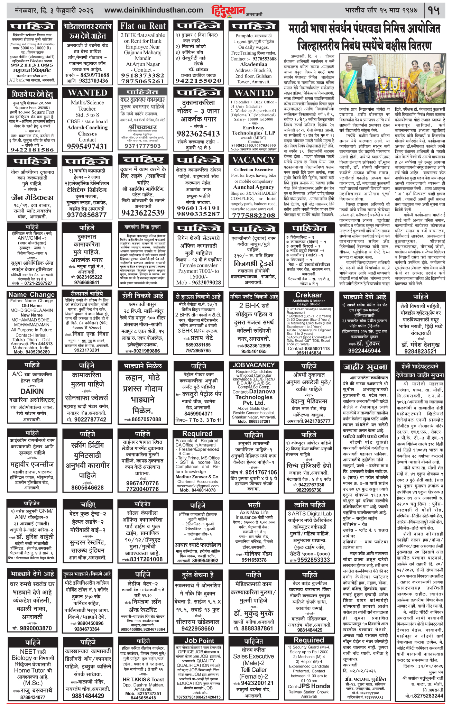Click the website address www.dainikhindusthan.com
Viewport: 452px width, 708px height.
pos(154,10)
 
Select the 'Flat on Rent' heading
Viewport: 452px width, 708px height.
pos(143,26)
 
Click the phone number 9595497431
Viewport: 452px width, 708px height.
pos(87,147)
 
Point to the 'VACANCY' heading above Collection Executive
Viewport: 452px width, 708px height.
pos(253,160)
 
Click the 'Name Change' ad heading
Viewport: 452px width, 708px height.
pos(31,295)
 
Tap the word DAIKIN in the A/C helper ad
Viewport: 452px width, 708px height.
pos(32,391)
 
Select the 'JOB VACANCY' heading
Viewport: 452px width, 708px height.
pos(253,365)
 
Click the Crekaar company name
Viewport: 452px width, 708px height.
pos(308,295)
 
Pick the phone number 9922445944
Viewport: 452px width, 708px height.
pos(364,350)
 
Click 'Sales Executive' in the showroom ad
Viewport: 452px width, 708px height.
pos(253,656)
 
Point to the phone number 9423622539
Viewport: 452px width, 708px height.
pos(143,213)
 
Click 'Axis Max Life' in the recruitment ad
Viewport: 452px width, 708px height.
pos(254,513)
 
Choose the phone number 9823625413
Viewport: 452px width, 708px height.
pos(198,134)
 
